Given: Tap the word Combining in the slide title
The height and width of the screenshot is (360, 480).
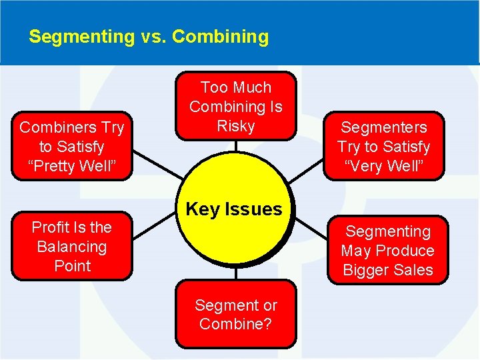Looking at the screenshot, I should (x=220, y=37).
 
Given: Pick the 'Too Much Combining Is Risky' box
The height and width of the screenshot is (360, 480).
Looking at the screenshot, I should (x=236, y=107).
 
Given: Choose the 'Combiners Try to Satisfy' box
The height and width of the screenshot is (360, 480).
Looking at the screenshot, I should (x=72, y=146).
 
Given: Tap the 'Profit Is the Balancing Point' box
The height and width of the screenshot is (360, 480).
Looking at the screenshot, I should (x=72, y=246).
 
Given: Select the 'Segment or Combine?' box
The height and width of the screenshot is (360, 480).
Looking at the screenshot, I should (x=236, y=315).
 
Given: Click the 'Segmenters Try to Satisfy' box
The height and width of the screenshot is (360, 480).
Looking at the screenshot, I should (x=383, y=146).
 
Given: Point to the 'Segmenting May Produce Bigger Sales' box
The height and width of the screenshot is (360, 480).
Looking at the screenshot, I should (x=387, y=251).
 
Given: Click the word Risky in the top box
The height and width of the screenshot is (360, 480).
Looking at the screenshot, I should (x=236, y=126).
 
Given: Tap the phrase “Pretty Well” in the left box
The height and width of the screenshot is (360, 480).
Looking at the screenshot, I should (x=72, y=165).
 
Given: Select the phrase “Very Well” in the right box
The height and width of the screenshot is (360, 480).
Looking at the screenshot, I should (x=383, y=165).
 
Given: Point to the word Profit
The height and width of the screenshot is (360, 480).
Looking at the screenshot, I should (x=51, y=227).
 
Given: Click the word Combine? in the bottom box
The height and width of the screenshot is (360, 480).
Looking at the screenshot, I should (x=236, y=325).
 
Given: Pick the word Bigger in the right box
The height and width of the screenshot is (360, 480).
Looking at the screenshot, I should (x=367, y=270).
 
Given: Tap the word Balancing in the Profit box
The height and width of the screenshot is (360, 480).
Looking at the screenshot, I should (x=72, y=247).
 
